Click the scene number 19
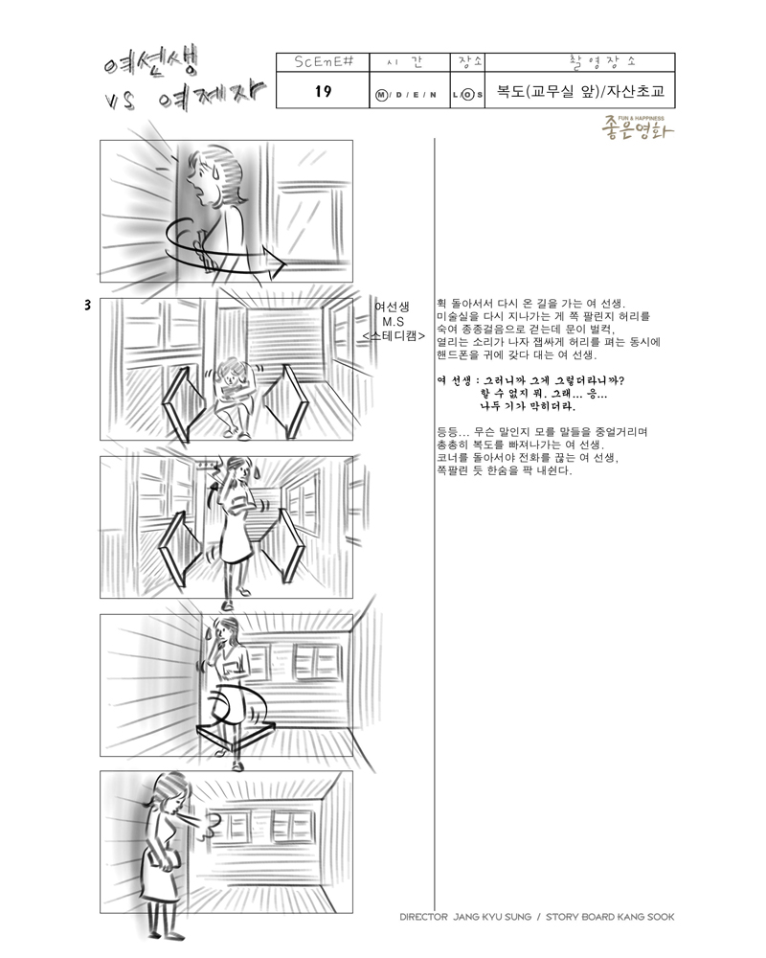(x=323, y=91)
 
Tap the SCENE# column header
(x=323, y=62)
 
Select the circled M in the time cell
(x=381, y=95)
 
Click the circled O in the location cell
(x=468, y=95)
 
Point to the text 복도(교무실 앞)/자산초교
(x=579, y=92)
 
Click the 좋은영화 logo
(x=637, y=127)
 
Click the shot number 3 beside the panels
(x=88, y=305)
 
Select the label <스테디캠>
(x=393, y=335)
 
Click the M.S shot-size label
(x=393, y=321)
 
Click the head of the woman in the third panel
(x=238, y=470)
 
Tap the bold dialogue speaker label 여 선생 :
(x=455, y=380)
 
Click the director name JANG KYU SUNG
(x=492, y=917)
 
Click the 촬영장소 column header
(x=601, y=62)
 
